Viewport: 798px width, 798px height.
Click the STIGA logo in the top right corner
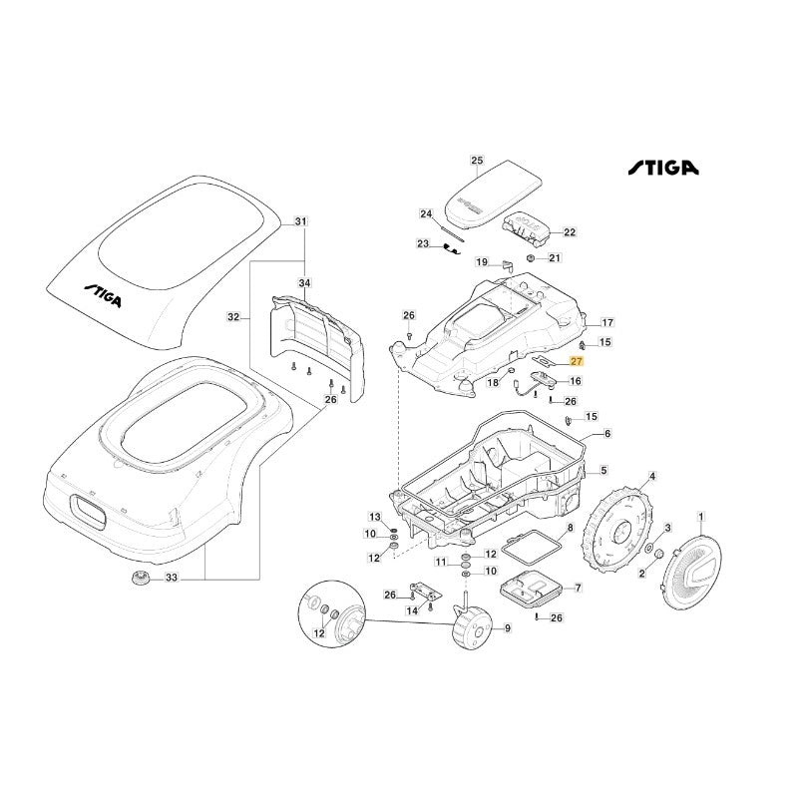coord(662,169)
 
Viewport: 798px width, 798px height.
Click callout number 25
coord(476,161)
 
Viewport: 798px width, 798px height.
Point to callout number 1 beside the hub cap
coord(700,517)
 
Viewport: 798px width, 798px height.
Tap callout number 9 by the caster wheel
coord(508,628)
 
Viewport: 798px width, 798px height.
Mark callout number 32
coord(233,318)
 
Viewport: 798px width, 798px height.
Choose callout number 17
coord(606,323)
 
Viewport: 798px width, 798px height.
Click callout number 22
coord(570,232)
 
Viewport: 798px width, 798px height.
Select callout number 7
coord(571,590)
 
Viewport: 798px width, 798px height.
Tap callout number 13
coord(375,517)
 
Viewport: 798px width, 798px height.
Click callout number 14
coord(411,610)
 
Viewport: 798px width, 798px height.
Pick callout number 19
coord(482,262)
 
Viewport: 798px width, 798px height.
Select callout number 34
coord(305,284)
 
